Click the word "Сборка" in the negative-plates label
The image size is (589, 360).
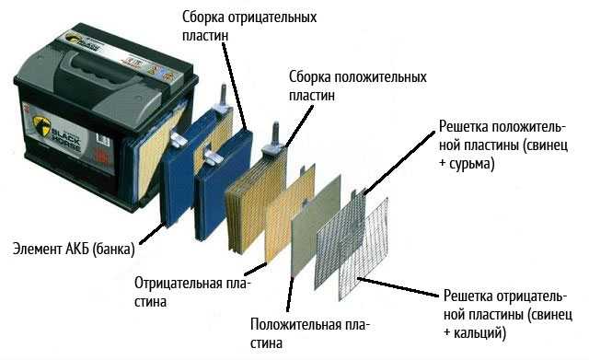coord(202,17)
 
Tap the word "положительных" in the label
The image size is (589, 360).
coord(380,77)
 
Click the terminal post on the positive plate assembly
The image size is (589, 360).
coord(274,134)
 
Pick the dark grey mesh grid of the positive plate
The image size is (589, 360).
coord(340,238)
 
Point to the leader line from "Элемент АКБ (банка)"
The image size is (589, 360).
coord(152,234)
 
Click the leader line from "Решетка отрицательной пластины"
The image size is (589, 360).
coord(398,287)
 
